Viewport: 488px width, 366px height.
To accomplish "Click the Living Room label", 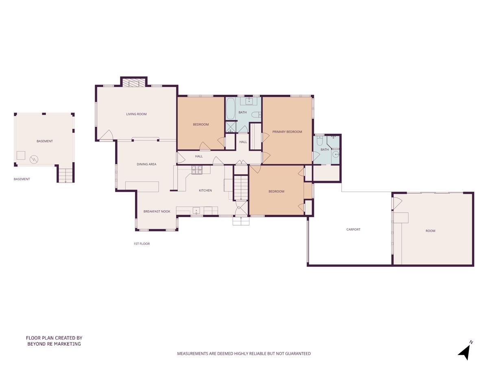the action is click(136, 114).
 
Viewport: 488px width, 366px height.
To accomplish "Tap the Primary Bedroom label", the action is click(287, 131).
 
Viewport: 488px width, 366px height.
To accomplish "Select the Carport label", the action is click(353, 229).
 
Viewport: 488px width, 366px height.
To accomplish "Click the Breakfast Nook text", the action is click(157, 211).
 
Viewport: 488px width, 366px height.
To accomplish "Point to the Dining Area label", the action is click(146, 164).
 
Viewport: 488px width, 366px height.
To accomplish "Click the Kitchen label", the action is click(205, 190).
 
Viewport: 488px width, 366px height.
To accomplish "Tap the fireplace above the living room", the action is click(134, 83).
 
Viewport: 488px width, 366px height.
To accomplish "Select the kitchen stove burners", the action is click(197, 170).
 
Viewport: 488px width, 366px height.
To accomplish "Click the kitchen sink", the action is click(196, 210).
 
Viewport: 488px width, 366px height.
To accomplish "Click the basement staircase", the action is click(65, 175).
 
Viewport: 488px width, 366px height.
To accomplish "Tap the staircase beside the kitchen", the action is click(241, 187).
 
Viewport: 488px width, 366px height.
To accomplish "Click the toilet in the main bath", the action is click(256, 115).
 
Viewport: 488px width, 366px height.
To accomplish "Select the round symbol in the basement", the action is click(34, 159).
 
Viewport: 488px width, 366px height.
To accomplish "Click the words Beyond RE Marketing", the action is click(54, 344).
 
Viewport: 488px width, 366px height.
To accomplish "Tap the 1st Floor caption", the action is click(142, 244).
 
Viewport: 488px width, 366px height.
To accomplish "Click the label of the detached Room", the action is click(430, 231).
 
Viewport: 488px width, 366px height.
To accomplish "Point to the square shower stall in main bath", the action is click(231, 127).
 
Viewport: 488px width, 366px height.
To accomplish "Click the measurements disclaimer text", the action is click(244, 353).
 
